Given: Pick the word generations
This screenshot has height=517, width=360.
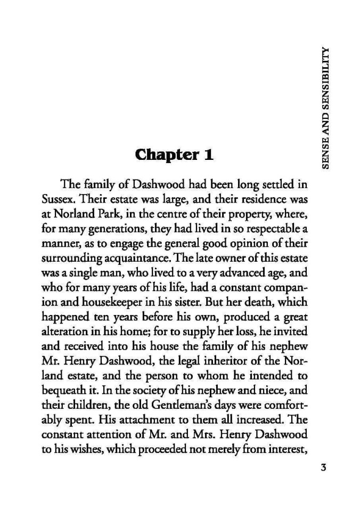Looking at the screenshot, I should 98,233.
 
